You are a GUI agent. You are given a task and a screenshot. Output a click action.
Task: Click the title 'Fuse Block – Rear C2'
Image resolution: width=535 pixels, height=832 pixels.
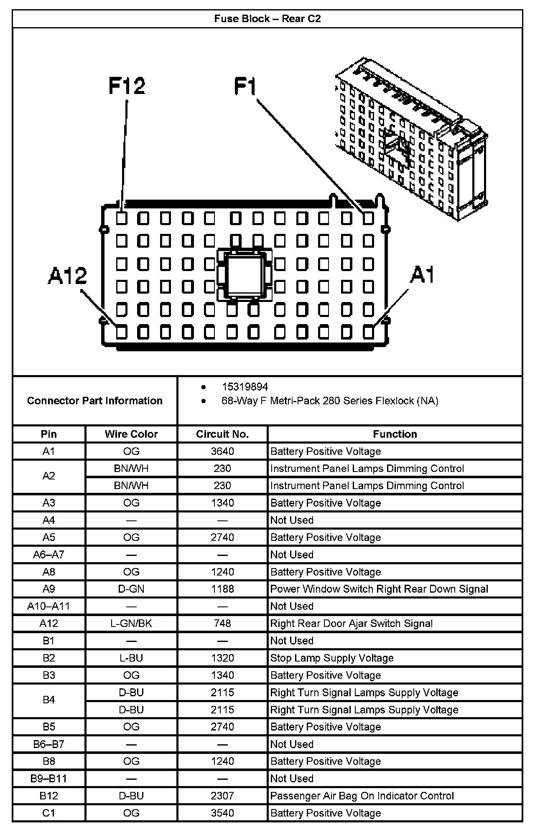267,19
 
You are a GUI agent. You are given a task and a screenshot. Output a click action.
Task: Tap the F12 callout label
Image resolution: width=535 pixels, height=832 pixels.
127,86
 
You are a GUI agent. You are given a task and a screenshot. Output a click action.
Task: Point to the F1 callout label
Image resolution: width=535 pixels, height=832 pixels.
245,86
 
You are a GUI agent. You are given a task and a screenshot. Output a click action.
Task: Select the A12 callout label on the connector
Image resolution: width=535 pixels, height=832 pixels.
67,276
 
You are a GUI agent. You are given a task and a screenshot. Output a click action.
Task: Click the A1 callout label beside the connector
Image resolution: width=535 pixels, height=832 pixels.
422,275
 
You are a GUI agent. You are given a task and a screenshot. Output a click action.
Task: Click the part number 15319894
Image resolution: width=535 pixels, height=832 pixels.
245,387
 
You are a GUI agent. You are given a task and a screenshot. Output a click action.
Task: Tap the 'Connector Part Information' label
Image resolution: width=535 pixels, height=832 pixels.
95,401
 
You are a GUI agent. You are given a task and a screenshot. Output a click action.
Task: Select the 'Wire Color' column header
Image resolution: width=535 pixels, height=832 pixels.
131,434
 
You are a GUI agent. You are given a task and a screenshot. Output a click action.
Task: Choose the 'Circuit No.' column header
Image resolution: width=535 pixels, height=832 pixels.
222,434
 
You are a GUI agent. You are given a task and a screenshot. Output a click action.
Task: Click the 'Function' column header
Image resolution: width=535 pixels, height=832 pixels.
395,434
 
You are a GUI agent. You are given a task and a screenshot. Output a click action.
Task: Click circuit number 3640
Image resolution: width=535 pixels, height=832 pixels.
222,452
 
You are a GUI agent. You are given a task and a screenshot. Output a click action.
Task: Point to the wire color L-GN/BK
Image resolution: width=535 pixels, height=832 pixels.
131,624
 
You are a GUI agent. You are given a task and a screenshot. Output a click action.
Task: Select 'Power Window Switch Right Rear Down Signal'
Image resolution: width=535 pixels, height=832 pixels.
379,589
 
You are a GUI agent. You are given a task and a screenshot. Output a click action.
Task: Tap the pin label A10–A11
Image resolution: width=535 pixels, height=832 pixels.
48,606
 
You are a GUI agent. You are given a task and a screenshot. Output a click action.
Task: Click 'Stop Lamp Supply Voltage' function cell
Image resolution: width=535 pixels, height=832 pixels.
332,658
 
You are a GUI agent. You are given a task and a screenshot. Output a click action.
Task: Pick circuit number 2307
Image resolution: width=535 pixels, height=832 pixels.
222,796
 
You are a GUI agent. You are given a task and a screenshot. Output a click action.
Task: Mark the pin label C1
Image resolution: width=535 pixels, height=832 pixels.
48,813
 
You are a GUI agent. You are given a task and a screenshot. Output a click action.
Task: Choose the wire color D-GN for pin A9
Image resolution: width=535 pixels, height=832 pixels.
131,589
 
